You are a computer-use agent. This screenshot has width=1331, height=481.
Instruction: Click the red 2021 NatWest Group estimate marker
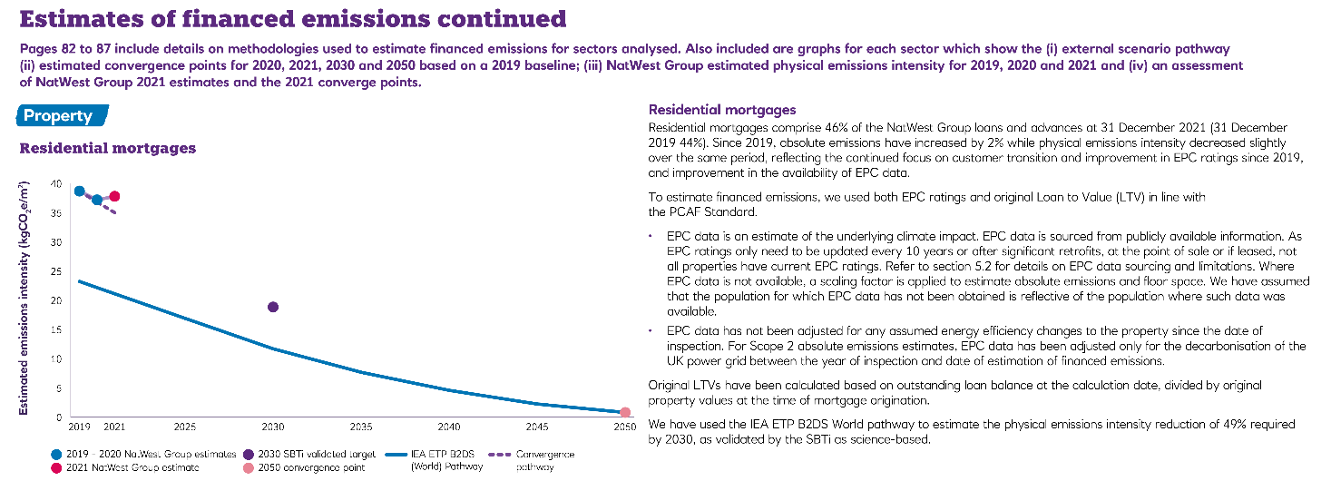click(114, 197)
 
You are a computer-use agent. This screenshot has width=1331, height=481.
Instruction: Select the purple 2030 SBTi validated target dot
click(273, 307)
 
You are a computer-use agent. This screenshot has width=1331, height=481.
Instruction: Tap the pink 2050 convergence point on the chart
click(624, 412)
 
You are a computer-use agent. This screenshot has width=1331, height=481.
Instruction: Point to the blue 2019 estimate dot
click(79, 191)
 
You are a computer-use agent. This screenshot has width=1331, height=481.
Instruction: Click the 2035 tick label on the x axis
click(361, 426)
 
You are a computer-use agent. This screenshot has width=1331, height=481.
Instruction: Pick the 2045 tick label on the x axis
click(536, 426)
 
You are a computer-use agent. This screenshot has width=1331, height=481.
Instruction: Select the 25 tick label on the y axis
click(57, 271)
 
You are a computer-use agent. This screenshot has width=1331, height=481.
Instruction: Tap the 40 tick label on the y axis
click(57, 184)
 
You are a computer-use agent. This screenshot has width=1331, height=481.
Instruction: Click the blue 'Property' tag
click(59, 116)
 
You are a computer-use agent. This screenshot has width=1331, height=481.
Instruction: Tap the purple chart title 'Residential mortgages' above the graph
click(108, 148)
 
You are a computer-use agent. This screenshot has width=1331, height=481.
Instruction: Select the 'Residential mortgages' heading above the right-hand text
click(722, 110)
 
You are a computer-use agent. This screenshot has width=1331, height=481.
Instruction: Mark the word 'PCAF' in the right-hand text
click(691, 212)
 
